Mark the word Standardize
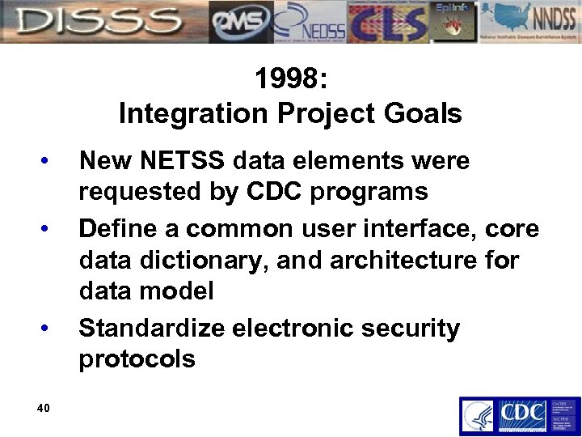[151, 329]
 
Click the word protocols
[137, 359]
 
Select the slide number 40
[44, 407]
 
